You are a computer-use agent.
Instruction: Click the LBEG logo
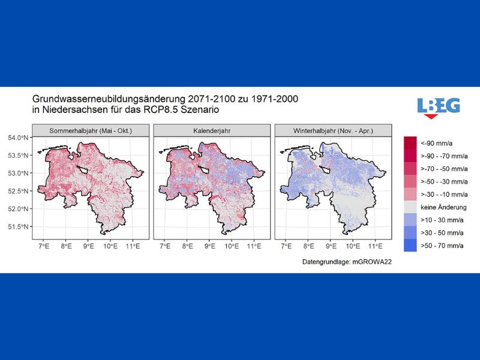(x=439, y=108)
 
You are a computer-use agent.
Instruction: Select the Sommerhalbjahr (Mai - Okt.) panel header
(x=91, y=131)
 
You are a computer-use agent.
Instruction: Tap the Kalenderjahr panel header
(x=212, y=131)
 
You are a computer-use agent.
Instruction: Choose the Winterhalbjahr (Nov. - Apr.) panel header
(x=333, y=131)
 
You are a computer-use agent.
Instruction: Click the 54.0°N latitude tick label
(x=18, y=138)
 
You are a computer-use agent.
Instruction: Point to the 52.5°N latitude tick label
(x=18, y=191)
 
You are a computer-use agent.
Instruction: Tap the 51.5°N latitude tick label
(x=18, y=227)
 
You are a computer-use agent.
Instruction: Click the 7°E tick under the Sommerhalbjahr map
(x=44, y=246)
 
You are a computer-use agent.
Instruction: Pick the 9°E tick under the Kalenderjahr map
(x=209, y=246)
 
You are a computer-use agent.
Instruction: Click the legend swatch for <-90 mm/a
(x=410, y=143)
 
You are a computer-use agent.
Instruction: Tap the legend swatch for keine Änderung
(x=410, y=207)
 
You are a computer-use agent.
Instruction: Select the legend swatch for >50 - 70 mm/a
(x=410, y=245)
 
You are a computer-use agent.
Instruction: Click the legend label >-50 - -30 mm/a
(x=444, y=182)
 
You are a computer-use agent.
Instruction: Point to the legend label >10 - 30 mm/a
(x=442, y=220)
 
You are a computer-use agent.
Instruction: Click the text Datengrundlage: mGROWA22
(x=347, y=262)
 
